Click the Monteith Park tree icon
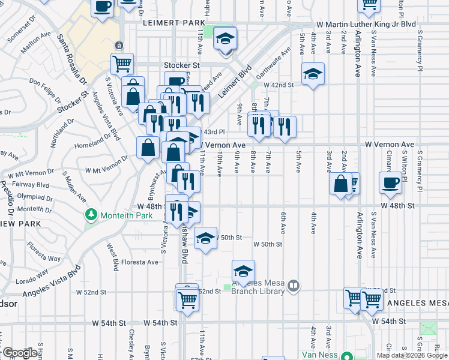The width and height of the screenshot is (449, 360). [91, 214]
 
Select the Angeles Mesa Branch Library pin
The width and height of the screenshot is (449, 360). [294, 287]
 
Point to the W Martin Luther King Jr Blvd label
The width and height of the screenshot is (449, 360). [366, 24]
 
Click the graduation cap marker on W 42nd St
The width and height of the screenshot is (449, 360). [313, 74]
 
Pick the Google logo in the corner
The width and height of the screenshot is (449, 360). [19, 353]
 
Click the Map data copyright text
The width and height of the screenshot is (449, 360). [412, 355]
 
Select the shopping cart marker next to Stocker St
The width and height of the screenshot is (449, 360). [122, 63]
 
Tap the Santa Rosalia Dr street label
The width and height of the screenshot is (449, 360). [71, 59]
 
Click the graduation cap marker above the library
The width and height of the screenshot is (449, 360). [243, 271]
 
